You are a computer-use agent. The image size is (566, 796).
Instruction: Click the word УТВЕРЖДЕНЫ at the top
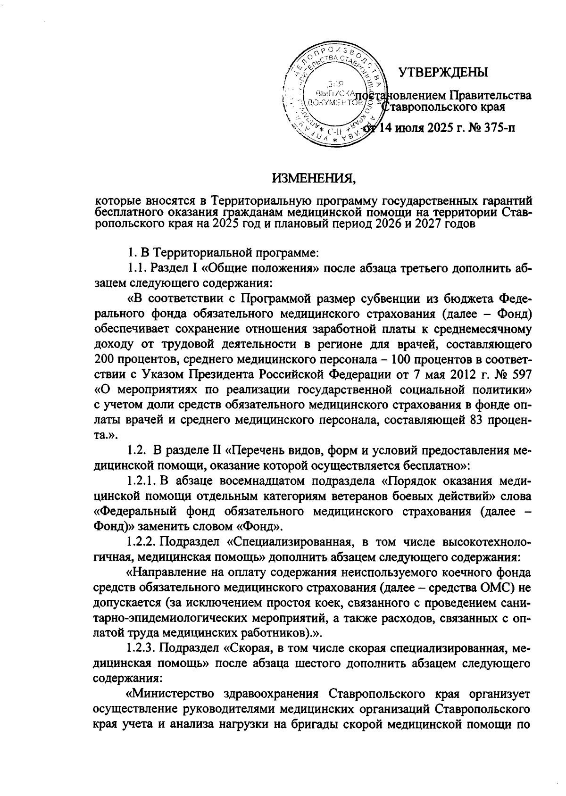[443, 72]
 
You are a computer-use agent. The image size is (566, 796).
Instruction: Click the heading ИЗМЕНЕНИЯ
[313, 179]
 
